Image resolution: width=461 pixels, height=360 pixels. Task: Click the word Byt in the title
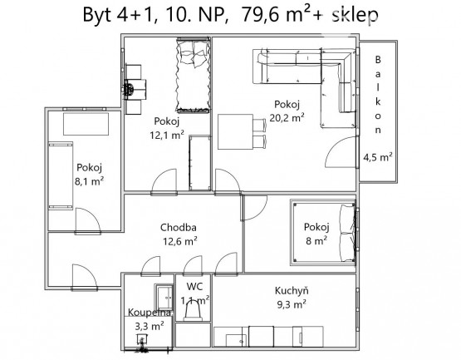(97, 15)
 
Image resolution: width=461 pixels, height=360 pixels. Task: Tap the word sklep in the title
(356, 15)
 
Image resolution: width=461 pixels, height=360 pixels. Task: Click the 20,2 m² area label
(287, 118)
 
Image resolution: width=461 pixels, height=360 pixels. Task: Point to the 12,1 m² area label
(167, 135)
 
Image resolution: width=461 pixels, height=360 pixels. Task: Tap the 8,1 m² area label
(89, 181)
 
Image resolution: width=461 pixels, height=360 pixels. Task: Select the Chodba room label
(179, 227)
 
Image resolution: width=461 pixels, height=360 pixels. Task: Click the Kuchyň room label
(292, 290)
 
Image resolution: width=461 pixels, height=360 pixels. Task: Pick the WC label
(194, 286)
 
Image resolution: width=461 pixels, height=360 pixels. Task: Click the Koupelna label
(150, 313)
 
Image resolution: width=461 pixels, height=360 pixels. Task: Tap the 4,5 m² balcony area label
(378, 157)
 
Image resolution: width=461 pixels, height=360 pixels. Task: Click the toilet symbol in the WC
(193, 312)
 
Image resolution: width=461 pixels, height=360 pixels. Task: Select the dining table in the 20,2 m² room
(236, 131)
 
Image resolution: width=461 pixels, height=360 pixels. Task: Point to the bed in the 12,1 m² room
(194, 75)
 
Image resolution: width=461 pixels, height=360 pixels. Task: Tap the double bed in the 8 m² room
(323, 232)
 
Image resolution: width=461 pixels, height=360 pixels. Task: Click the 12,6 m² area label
(180, 241)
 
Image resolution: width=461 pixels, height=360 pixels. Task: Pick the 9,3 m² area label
(292, 304)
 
